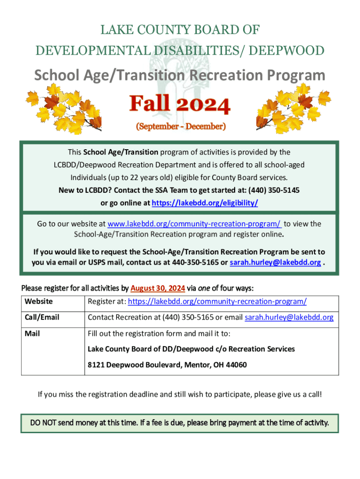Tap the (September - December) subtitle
point(180,126)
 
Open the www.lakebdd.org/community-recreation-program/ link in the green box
point(194,224)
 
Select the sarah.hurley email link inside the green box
point(275,262)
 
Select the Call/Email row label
point(42,317)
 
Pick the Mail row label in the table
point(32,334)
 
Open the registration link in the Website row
point(217,302)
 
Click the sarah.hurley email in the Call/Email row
point(289,318)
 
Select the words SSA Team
point(160,190)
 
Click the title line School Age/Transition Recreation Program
point(180,75)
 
